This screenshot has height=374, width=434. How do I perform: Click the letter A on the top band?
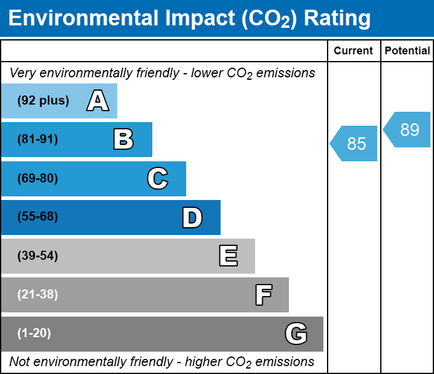98,101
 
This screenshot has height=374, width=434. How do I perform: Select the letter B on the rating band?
123,140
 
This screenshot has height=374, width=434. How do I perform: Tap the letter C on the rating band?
157,178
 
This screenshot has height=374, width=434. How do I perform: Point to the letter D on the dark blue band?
192,218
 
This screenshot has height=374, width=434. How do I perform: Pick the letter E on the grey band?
228,256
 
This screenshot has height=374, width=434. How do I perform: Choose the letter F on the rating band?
263,295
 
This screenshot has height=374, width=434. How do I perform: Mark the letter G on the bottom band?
296,334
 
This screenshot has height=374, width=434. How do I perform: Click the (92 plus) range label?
43,101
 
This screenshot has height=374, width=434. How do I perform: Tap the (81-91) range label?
38,140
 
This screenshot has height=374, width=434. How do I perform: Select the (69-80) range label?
38,178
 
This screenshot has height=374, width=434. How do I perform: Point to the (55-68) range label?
38,217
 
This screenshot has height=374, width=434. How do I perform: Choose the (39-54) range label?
38,256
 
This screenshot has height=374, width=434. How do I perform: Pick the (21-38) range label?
38,295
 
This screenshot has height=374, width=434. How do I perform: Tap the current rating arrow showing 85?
355,144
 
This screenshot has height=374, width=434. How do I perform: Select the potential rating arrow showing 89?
409,130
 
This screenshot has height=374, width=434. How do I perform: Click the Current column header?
354,51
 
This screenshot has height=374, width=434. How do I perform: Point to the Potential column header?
407,51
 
